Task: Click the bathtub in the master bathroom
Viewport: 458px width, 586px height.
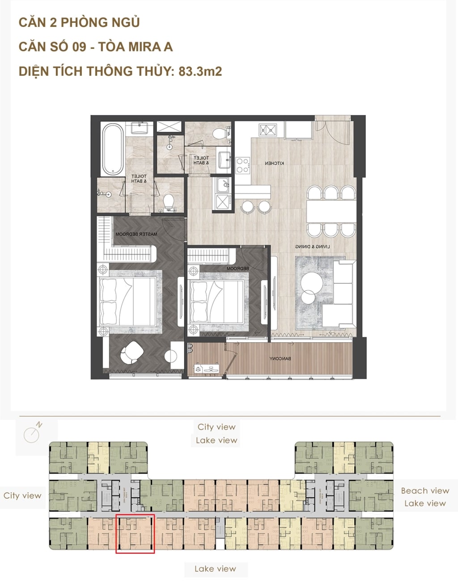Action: (x=112, y=150)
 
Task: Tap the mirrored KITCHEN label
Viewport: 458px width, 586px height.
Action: (x=274, y=164)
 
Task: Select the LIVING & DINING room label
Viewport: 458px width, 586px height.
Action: (x=309, y=247)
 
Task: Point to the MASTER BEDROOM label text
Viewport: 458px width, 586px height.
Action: (x=136, y=234)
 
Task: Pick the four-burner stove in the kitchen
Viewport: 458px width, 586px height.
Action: (x=242, y=164)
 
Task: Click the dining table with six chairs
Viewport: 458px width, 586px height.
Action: (x=331, y=211)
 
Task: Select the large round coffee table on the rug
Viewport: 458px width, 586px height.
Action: (x=311, y=282)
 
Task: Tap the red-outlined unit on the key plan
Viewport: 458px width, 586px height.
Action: (x=135, y=534)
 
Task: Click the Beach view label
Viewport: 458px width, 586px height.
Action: (x=424, y=491)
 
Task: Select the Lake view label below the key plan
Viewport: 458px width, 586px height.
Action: (x=215, y=569)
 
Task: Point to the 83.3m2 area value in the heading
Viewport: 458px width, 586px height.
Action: (x=200, y=71)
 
